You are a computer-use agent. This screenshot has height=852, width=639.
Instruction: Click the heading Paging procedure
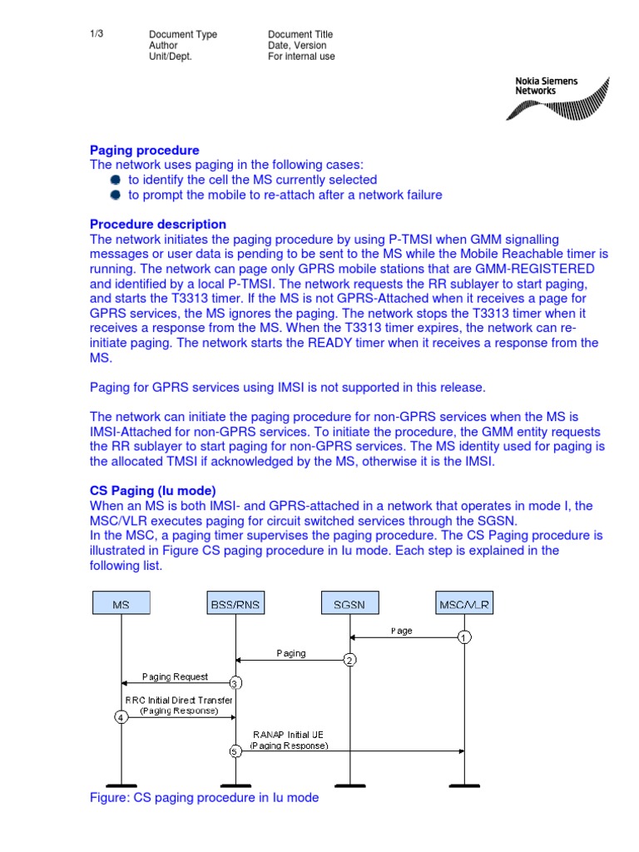coord(144,151)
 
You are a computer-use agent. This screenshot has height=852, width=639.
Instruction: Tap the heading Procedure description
coord(157,225)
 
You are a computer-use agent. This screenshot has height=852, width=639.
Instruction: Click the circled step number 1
coord(464,637)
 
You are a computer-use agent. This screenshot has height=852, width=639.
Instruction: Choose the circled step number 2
coord(349,660)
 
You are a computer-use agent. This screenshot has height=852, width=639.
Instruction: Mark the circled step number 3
coord(235,683)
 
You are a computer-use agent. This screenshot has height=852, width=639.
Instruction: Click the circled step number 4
coord(121,717)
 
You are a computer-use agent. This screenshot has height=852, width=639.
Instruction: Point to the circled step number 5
coord(235,751)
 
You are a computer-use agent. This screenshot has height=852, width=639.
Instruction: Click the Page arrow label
coord(401,631)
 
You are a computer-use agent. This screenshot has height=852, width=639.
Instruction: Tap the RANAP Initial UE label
coord(289,735)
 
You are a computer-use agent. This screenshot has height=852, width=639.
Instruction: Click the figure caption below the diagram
coord(204,797)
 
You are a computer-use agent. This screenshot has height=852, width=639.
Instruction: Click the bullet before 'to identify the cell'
coord(116,180)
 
